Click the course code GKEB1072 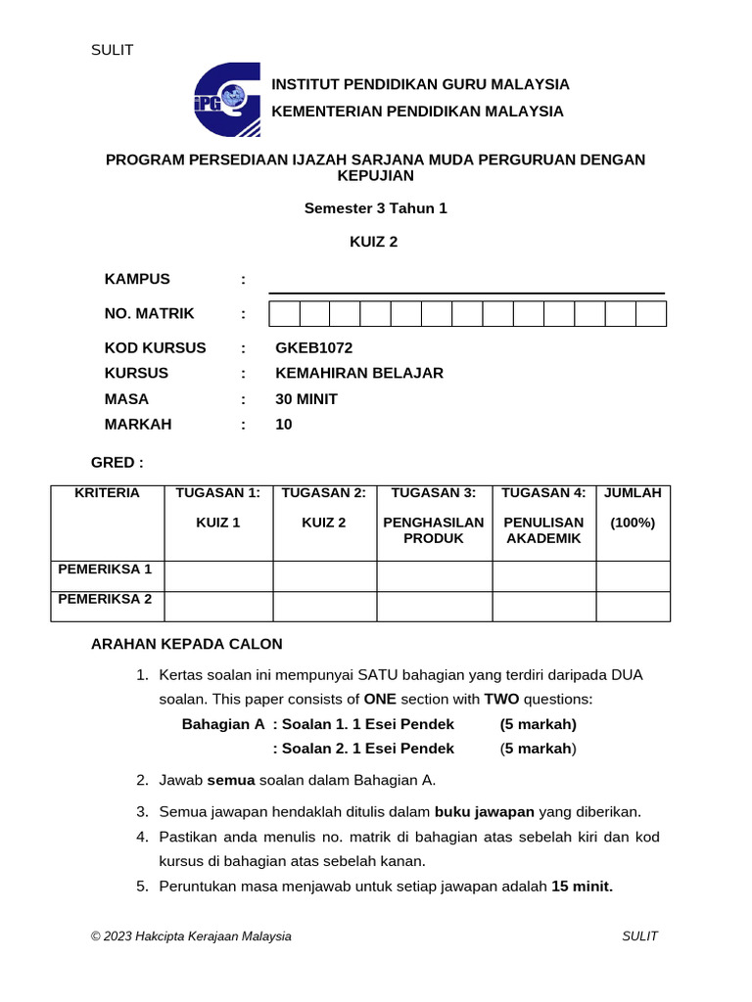click(x=313, y=347)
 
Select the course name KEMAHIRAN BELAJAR click(x=359, y=373)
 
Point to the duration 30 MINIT click(x=306, y=399)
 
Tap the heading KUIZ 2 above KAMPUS click(x=374, y=242)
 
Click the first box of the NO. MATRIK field click(x=284, y=313)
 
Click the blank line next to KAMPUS click(x=466, y=285)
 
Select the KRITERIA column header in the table click(x=107, y=493)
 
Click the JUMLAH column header click(x=633, y=493)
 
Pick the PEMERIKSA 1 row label click(x=106, y=569)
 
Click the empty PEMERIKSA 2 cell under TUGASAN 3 click(x=434, y=606)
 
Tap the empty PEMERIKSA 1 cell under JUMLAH click(x=633, y=575)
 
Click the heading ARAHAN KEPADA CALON click(x=186, y=644)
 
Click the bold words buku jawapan click(x=484, y=811)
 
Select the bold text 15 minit click(x=582, y=887)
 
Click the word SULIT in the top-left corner click(x=112, y=50)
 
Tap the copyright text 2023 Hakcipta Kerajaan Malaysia click(x=191, y=936)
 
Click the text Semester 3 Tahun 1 click(x=375, y=208)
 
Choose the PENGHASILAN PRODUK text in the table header click(x=434, y=530)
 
